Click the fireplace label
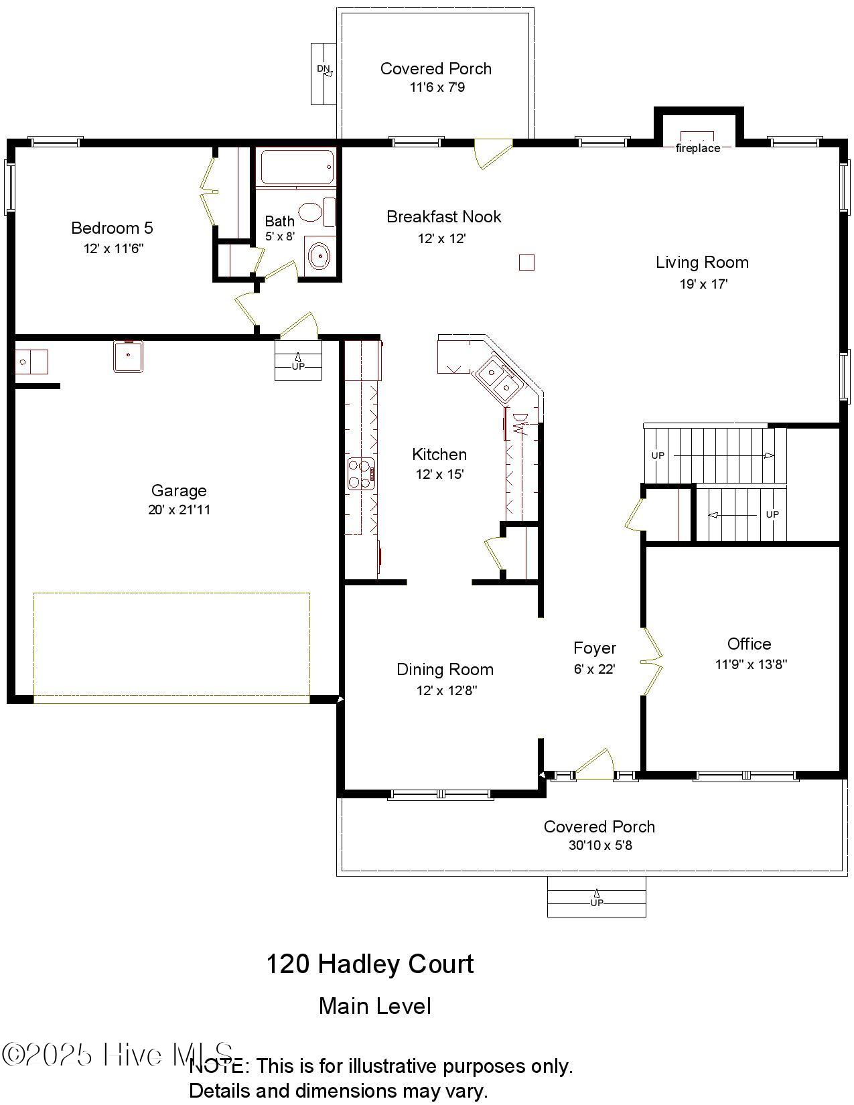pos(697,148)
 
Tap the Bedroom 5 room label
pos(112,228)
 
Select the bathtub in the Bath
pos(297,167)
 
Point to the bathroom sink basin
pos(319,256)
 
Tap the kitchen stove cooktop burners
pos(361,473)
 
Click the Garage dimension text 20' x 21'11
pos(179,510)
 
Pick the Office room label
pos(749,644)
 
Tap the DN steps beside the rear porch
pos(323,74)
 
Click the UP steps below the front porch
pos(596,897)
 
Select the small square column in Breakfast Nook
pos(526,263)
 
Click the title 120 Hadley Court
pos(370,964)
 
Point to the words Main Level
pos(374,1006)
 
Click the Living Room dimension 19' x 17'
pos(703,284)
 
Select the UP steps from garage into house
pos(298,361)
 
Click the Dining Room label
pos(445,669)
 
